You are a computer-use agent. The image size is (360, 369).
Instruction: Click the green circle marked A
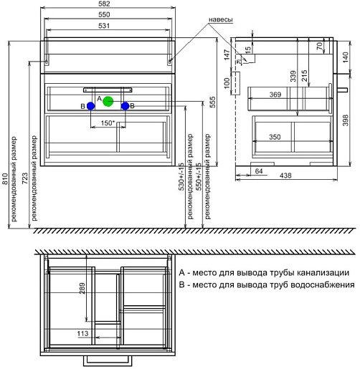click(108, 102)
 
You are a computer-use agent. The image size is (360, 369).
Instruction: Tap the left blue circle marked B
click(90, 106)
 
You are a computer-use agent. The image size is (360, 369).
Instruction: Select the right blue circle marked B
click(125, 106)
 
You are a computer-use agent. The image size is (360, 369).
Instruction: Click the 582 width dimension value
click(104, 4)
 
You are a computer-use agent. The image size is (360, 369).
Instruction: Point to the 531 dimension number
click(104, 26)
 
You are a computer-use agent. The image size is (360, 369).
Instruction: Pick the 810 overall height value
click(5, 179)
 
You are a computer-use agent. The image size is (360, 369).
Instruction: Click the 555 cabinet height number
click(212, 102)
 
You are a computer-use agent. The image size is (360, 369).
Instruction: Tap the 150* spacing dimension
click(108, 123)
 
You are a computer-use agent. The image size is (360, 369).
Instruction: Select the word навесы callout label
click(221, 19)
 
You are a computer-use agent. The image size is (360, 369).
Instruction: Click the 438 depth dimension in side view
click(285, 176)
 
